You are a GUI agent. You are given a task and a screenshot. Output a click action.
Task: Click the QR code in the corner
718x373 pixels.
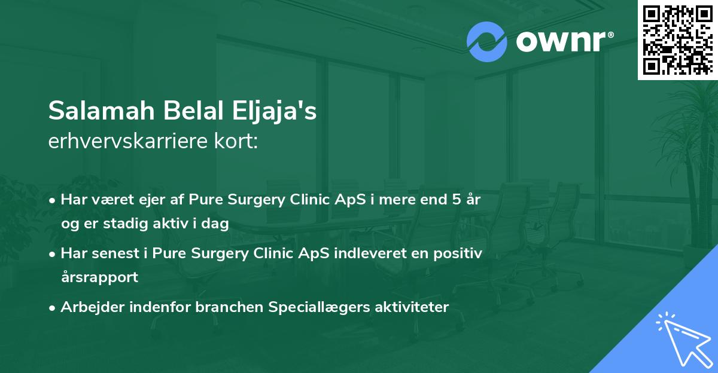pos(677,39)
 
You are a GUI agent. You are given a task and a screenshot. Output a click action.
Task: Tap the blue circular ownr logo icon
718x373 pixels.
pos(486,42)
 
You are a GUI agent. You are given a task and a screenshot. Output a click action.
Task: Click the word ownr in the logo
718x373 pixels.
pos(561,41)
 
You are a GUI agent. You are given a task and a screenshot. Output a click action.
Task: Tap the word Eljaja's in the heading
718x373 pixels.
pos(274,111)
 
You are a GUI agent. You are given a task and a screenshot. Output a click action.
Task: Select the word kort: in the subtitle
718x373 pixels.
pos(236,141)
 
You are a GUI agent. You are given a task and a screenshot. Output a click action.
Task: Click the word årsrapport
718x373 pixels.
pos(100,277)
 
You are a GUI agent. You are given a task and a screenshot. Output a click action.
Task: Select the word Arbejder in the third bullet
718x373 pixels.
pos(92,307)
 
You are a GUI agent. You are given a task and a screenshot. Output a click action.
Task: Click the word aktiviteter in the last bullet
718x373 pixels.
pos(412,307)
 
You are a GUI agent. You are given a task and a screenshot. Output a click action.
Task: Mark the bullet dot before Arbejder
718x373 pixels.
pos(51,308)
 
